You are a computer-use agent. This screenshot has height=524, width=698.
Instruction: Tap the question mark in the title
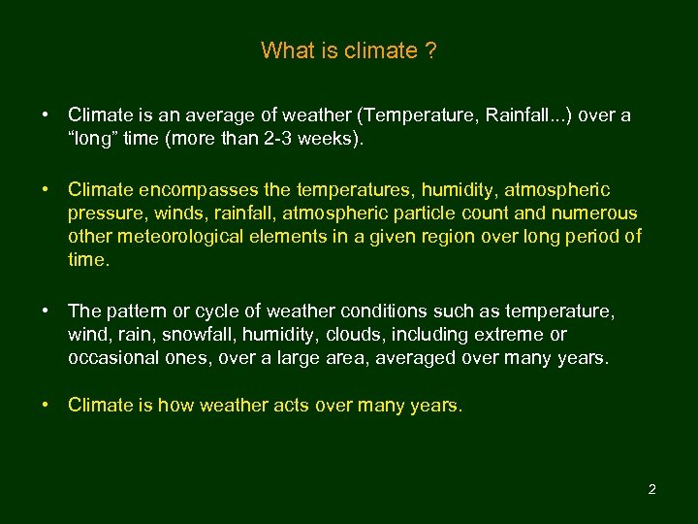tap(429, 50)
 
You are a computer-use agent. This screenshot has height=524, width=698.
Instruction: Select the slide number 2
tap(651, 489)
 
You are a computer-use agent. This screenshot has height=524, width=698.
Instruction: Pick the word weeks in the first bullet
tap(331, 139)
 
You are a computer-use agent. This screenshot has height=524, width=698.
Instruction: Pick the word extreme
tap(508, 335)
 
